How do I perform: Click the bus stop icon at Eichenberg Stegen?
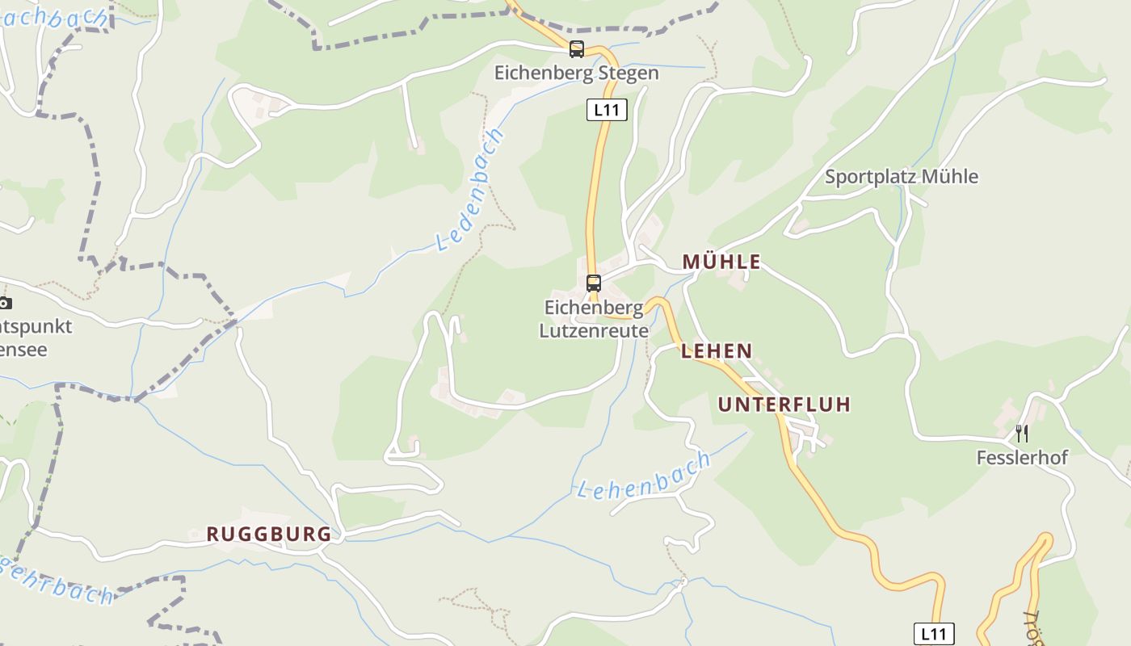[x=576, y=49]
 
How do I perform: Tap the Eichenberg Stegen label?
[x=576, y=73]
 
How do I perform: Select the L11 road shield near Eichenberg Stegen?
[x=606, y=110]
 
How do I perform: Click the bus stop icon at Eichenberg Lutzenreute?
[x=594, y=283]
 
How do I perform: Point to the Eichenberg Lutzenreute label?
[x=594, y=319]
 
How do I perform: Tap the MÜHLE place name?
[x=721, y=262]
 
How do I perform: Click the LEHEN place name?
[x=717, y=351]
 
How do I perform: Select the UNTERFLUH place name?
[x=784, y=405]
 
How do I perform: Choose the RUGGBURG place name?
[x=269, y=534]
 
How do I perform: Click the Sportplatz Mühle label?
[x=901, y=177]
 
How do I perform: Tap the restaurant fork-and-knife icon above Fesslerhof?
[x=1022, y=434]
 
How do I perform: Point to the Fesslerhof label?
[x=1022, y=458]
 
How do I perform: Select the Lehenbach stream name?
[x=644, y=476]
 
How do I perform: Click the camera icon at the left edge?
[x=5, y=304]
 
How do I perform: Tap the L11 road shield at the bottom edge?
[x=934, y=633]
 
